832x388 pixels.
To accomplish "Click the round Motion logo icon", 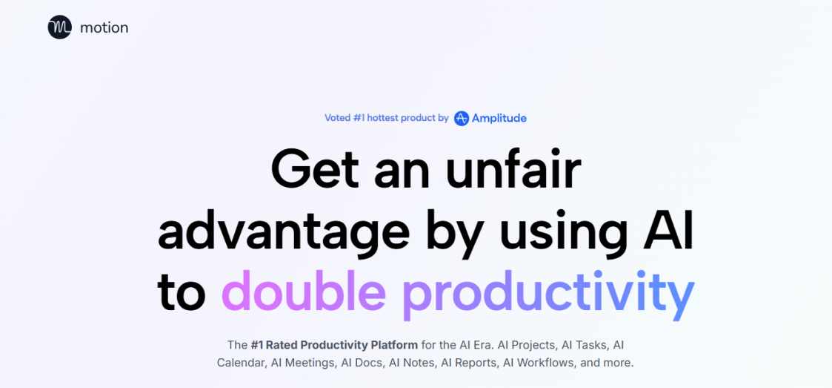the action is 59,27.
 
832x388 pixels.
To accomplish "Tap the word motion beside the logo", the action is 104,27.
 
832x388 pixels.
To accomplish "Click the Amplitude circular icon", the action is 462,119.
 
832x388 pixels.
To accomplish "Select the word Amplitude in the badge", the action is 499,119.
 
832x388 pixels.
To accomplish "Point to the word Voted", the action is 338,118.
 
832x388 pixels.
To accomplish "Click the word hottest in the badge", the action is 382,118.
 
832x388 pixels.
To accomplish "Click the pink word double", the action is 304,292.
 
